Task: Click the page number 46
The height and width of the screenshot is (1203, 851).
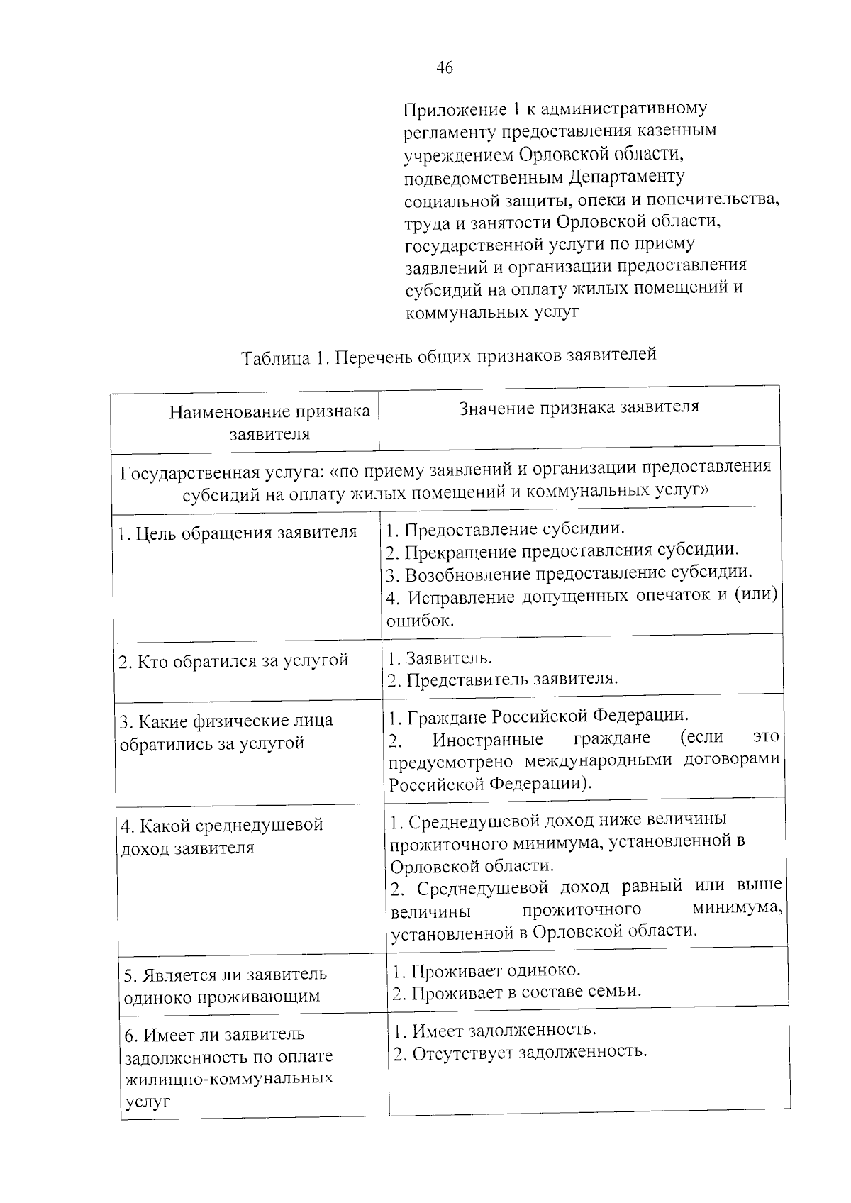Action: (x=445, y=68)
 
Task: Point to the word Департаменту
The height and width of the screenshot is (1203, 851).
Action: (x=627, y=176)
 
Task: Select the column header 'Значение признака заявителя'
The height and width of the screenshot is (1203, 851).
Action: (x=579, y=407)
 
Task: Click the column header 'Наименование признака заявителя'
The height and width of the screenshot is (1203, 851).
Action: (x=269, y=423)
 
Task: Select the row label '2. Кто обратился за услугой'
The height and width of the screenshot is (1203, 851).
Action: (x=234, y=661)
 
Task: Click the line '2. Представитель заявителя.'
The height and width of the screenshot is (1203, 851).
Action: (x=503, y=680)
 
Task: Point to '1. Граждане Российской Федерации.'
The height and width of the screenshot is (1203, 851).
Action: (x=539, y=716)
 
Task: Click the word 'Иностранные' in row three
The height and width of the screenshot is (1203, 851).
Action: (x=488, y=739)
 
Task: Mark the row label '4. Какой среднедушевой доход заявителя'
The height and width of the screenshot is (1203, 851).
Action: (x=221, y=836)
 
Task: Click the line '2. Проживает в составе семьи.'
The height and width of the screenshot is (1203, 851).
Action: (x=517, y=992)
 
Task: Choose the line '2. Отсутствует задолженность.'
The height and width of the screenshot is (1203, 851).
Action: (x=521, y=1051)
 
